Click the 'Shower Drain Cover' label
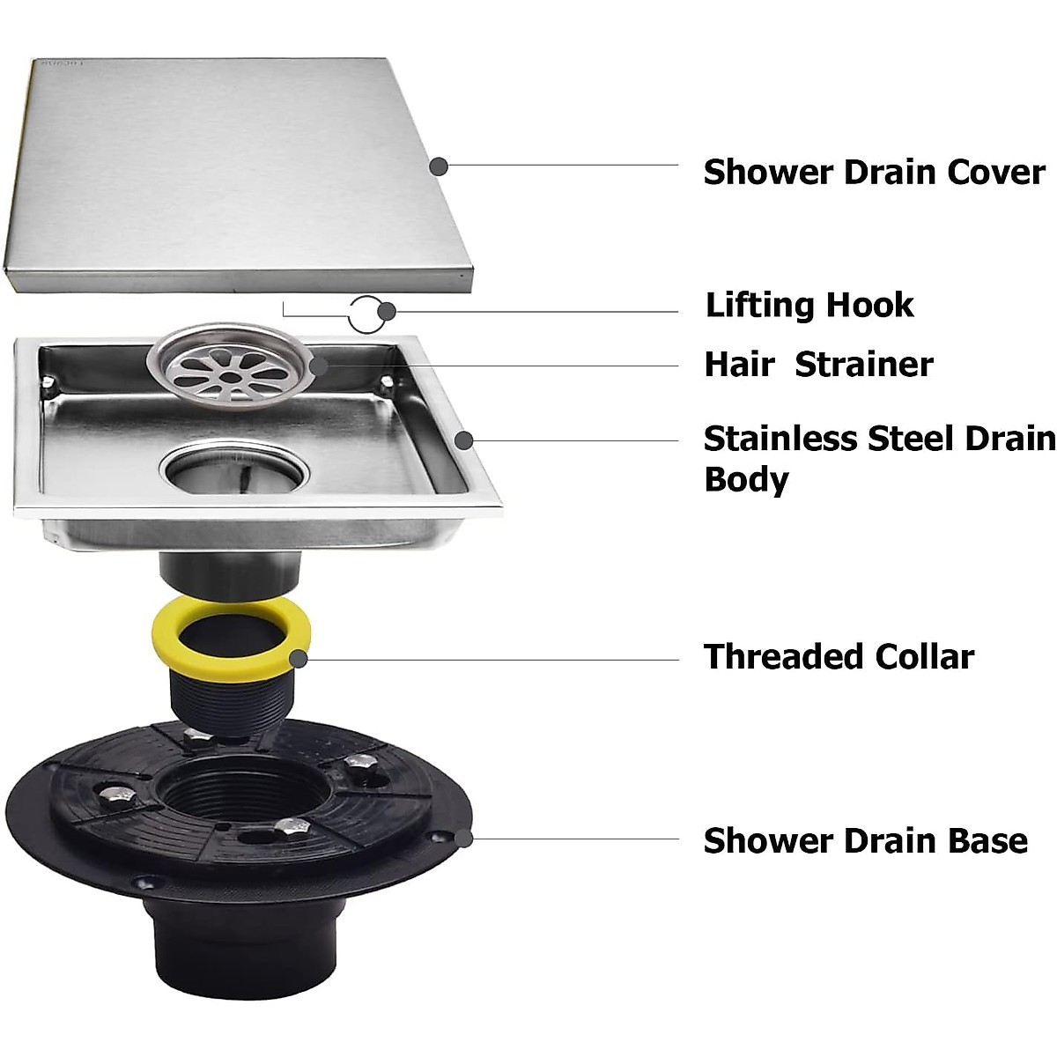[x=874, y=172]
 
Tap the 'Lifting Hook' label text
[x=809, y=306]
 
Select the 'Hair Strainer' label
[x=818, y=365]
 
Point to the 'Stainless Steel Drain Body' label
[x=879, y=458]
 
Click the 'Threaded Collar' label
[x=839, y=657]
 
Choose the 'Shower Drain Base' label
[x=865, y=840]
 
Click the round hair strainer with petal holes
[x=228, y=367]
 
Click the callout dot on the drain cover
[x=439, y=166]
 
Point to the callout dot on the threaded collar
[x=299, y=658]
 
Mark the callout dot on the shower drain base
[x=464, y=839]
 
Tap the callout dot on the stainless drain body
[x=465, y=440]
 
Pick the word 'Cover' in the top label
[x=996, y=172]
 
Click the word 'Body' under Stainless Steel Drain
[x=746, y=480]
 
